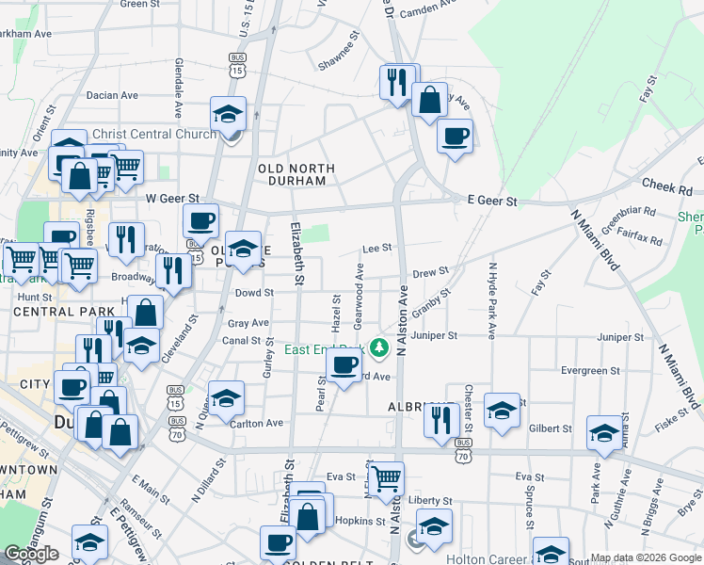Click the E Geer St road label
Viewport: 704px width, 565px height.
pos(493,202)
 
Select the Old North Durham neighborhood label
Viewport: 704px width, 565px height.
pos(296,175)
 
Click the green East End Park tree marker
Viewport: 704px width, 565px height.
pos(379,349)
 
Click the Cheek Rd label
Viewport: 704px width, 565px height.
pos(666,187)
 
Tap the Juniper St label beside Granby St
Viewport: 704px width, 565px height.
pos(434,335)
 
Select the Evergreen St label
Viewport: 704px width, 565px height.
pos(589,371)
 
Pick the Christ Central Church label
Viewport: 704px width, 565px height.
pos(154,134)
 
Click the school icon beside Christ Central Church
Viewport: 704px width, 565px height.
pos(228,115)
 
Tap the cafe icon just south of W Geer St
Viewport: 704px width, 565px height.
pos(200,222)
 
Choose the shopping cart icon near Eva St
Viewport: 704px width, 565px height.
pos(385,480)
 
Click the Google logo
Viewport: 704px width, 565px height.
pos(31,554)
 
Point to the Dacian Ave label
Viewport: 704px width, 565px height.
pos(112,95)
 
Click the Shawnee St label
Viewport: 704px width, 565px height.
pos(339,55)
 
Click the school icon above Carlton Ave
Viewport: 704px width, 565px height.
pos(226,399)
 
